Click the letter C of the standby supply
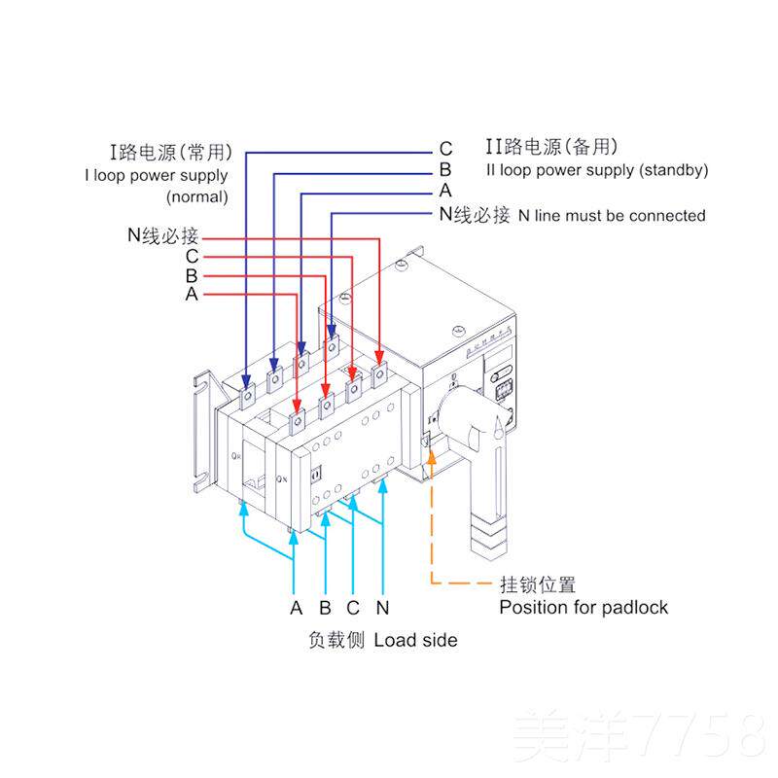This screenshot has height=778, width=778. (x=445, y=150)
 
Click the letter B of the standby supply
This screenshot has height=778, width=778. (x=445, y=170)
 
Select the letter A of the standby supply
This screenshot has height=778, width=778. (x=445, y=191)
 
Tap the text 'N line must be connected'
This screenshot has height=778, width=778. (x=612, y=215)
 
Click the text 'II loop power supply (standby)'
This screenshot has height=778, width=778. (x=597, y=170)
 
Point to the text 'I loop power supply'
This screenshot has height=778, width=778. (x=157, y=176)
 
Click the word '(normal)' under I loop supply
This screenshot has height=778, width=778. (x=197, y=196)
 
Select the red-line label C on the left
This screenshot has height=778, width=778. (x=192, y=257)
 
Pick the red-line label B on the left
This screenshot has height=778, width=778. (x=192, y=275)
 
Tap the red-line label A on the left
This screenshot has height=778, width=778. (x=192, y=294)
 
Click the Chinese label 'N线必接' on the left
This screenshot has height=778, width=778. (x=162, y=236)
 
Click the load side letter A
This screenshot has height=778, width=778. (x=297, y=609)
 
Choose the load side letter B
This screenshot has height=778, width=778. (x=326, y=609)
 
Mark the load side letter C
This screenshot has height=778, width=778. (x=354, y=609)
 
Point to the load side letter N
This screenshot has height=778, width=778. (x=383, y=609)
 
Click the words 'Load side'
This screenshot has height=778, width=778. (x=415, y=640)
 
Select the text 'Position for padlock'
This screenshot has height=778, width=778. (x=583, y=608)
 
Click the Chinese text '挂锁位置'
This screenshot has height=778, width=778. (x=538, y=584)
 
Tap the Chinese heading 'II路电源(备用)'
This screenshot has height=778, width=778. (x=551, y=148)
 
